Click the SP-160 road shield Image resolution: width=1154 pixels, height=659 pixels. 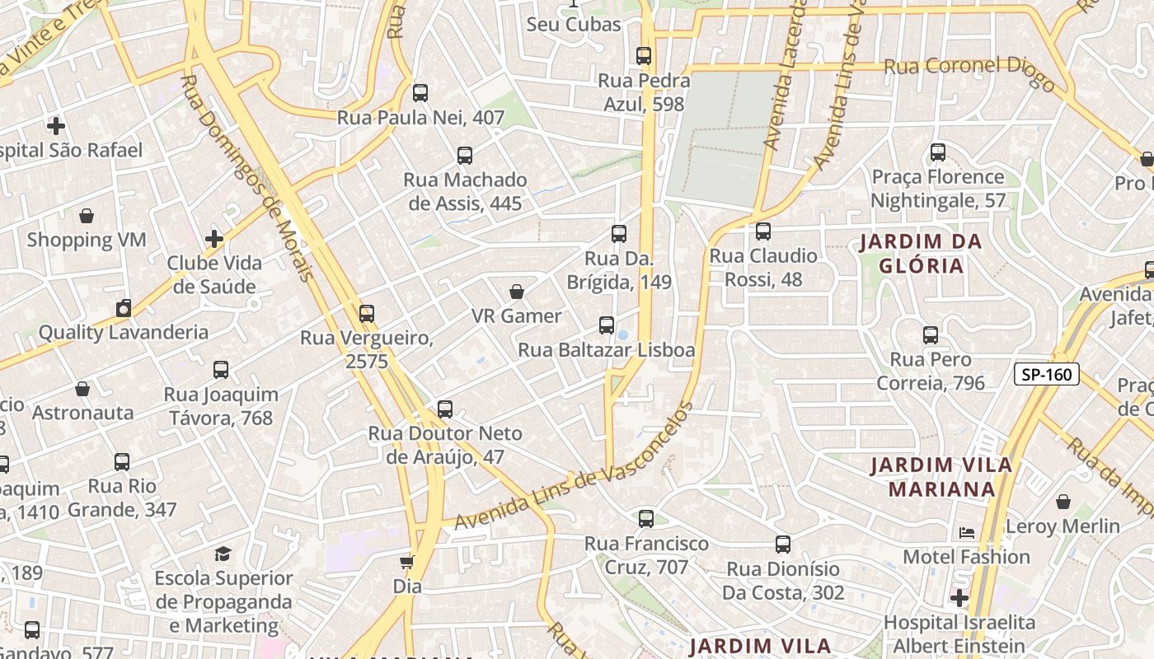(x=1046, y=375)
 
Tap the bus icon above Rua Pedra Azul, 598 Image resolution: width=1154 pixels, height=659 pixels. (x=644, y=56)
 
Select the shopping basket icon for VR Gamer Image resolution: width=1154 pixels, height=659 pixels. (x=517, y=292)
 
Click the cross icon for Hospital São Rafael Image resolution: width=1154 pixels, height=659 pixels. (x=56, y=126)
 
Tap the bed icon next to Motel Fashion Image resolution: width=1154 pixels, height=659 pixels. (x=967, y=533)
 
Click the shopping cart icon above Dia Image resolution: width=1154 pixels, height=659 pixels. (x=406, y=563)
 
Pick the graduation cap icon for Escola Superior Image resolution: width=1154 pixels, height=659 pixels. (x=223, y=554)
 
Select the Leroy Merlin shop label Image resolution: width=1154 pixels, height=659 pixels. (x=1063, y=526)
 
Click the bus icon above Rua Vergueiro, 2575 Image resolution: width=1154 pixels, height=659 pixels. (x=367, y=314)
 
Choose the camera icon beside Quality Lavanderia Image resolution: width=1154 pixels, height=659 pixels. (x=124, y=309)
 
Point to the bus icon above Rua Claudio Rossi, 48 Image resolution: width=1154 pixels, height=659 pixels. (x=763, y=231)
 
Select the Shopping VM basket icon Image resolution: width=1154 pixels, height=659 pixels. (x=87, y=216)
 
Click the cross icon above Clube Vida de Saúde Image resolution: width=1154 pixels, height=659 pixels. (x=214, y=239)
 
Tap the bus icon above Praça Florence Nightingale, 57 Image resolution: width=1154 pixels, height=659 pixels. (x=938, y=152)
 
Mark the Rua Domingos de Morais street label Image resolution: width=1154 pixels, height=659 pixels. (x=247, y=177)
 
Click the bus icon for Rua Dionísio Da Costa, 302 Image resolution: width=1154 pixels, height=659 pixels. (x=783, y=544)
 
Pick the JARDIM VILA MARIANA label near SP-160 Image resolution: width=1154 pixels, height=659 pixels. (x=941, y=477)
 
